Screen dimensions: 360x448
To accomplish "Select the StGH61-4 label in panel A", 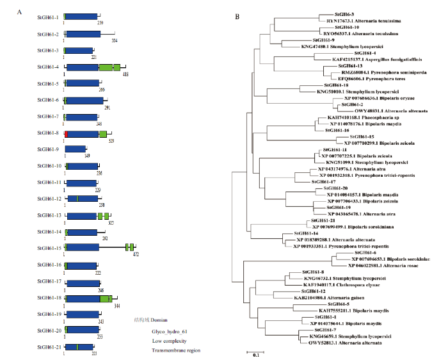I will [49, 67].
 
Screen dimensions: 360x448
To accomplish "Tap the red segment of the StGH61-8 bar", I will [67, 133].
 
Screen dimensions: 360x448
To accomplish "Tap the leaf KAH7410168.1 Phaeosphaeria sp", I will [342, 117].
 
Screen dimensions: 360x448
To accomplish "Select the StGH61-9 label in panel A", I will [49, 149].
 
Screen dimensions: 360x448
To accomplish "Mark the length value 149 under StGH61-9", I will [87, 156].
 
